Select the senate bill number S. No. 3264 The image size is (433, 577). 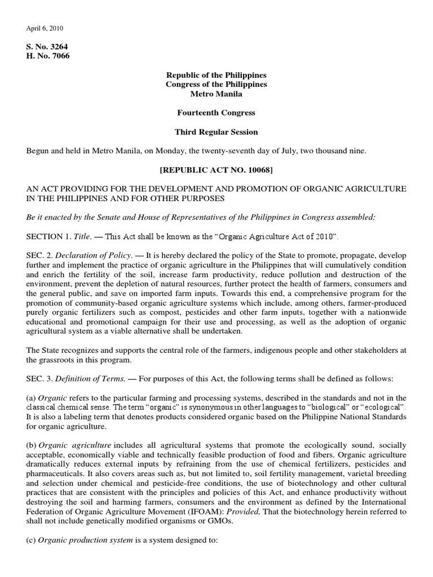(48, 46)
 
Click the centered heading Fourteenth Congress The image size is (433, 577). (216, 113)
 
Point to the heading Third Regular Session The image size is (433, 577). (216, 132)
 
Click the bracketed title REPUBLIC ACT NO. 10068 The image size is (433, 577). (216, 170)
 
